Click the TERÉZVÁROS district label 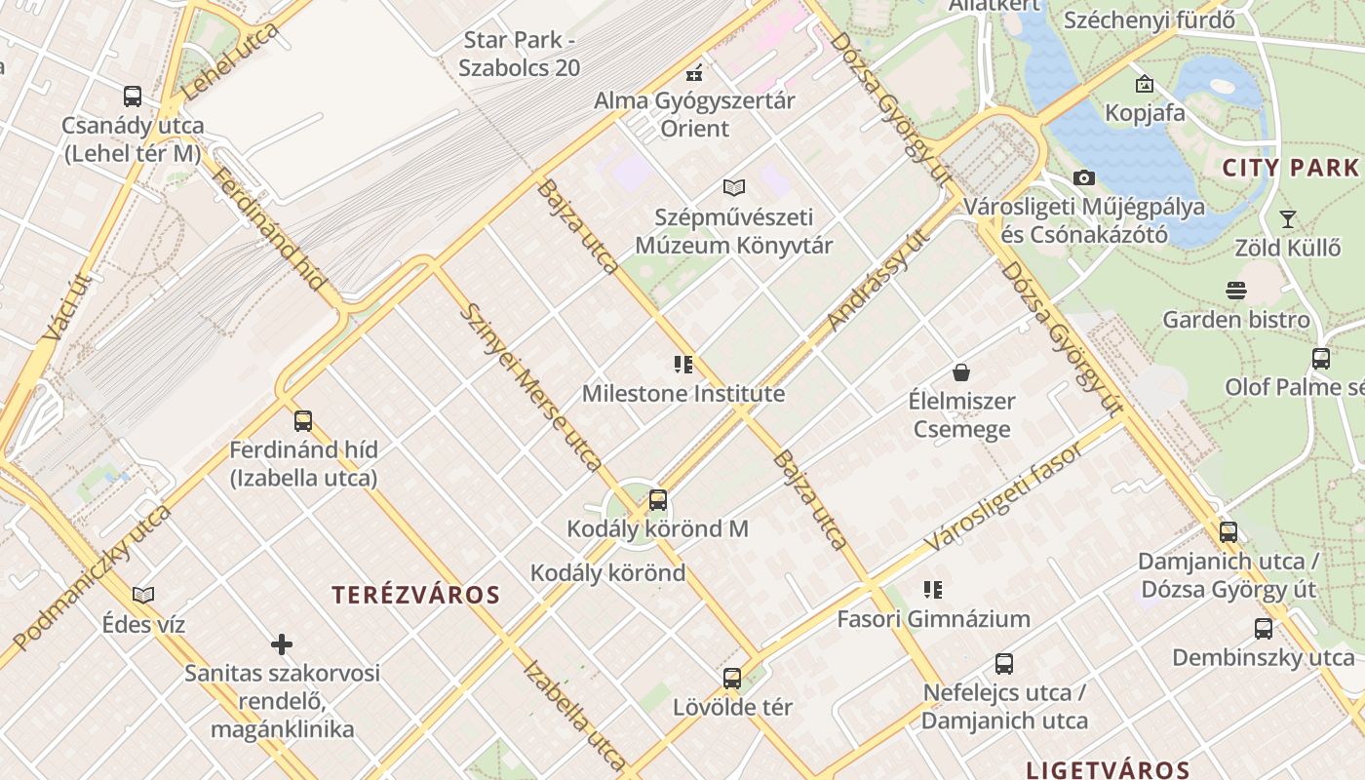(416, 595)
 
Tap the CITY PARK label (1290, 168)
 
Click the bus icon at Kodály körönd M (658, 500)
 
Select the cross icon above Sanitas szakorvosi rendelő (282, 644)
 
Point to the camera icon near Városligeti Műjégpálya (1083, 177)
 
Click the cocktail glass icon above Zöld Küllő (1288, 218)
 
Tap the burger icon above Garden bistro (1236, 291)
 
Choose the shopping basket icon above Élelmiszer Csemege (961, 372)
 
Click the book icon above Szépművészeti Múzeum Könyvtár (734, 187)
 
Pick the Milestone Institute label (683, 394)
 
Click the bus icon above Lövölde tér (732, 679)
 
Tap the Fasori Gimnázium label (933, 619)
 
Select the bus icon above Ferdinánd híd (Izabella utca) (303, 421)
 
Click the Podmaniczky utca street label (93, 577)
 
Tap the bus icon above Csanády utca (133, 97)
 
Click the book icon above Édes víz (143, 595)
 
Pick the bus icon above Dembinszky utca (1264, 629)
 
